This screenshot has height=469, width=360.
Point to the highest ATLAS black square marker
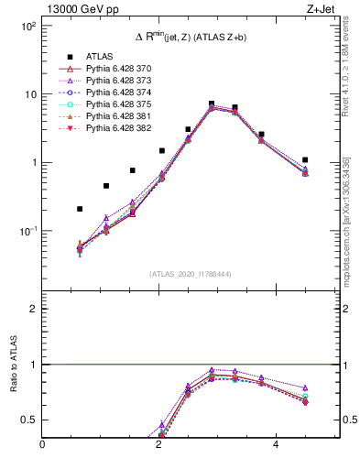pos(212,104)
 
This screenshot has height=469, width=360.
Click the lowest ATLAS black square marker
pos(81,209)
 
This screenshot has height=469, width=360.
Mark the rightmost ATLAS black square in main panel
pos(305,159)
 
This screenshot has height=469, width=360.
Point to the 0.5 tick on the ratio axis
pos(32,420)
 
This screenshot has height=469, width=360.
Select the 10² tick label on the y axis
pos(28,27)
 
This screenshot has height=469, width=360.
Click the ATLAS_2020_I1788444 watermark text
pos(189,273)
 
